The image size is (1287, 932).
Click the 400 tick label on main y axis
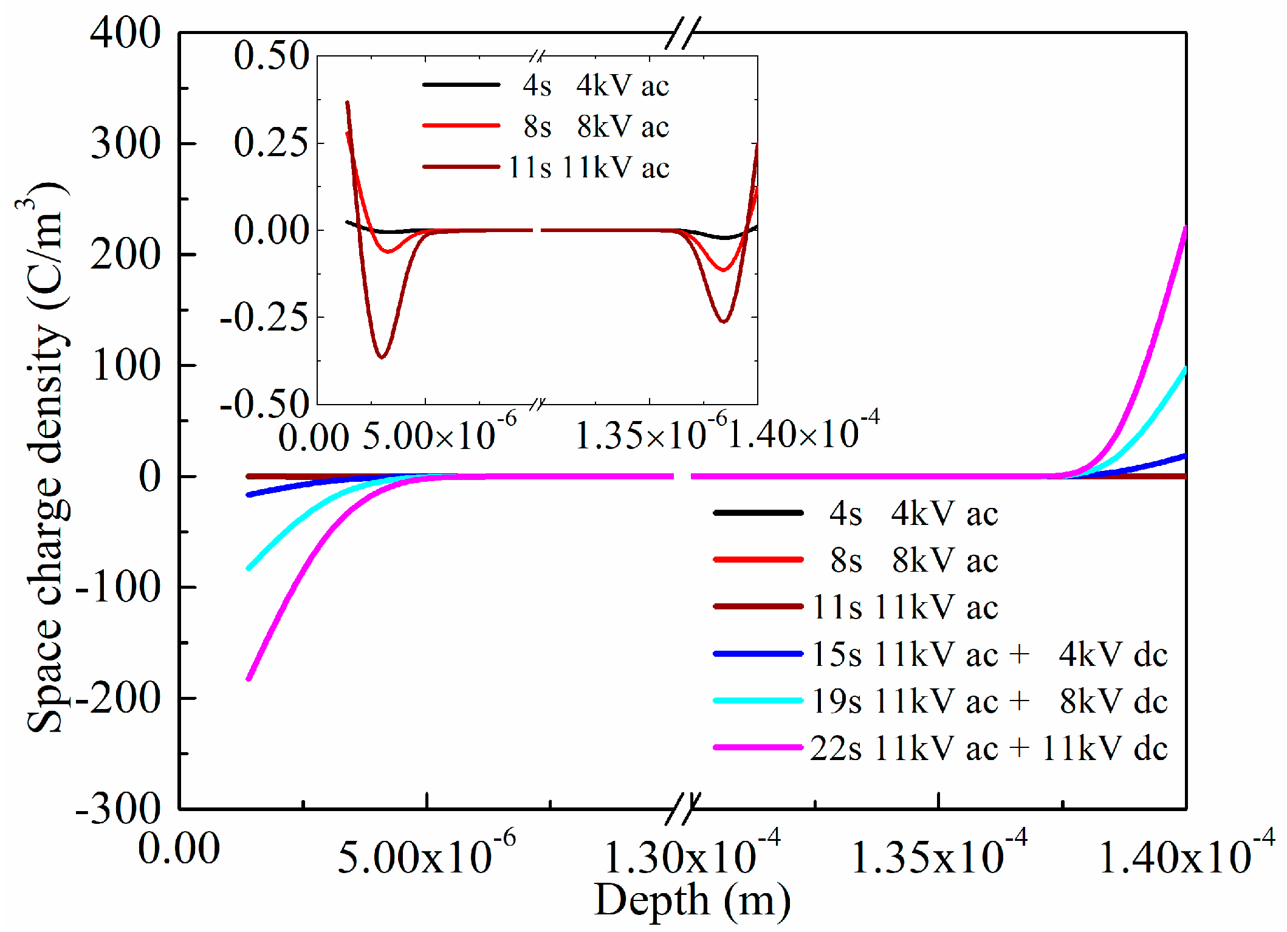pyautogui.click(x=125, y=33)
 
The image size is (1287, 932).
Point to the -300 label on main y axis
pyautogui.click(x=118, y=809)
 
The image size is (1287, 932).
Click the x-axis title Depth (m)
pyautogui.click(x=692, y=900)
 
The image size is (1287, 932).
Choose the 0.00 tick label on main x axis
pyautogui.click(x=179, y=849)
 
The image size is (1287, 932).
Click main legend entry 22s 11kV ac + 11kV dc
pyautogui.click(x=988, y=748)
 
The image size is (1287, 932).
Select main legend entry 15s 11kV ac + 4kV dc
pyautogui.click(x=989, y=654)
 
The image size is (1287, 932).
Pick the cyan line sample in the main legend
pyautogui.click(x=758, y=701)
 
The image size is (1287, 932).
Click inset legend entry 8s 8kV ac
pyautogui.click(x=595, y=127)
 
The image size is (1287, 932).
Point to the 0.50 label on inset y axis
pyautogui.click(x=272, y=56)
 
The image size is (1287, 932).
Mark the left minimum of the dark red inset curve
pyautogui.click(x=382, y=357)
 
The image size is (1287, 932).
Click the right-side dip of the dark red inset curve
pyautogui.click(x=723, y=321)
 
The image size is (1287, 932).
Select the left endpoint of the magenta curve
pyautogui.click(x=249, y=679)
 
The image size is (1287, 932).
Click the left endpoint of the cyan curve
pyautogui.click(x=249, y=568)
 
